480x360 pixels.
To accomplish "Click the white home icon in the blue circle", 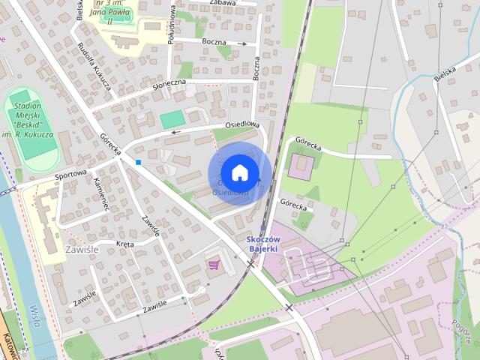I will [239, 172].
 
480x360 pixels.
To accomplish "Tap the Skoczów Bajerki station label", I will [263, 243].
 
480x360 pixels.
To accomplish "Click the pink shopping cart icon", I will [214, 264].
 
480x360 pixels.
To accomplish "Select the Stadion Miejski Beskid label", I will [31, 121].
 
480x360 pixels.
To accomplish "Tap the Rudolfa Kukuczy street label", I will [94, 66].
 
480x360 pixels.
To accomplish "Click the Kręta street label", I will [125, 244].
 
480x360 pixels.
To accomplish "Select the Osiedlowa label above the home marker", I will [242, 124].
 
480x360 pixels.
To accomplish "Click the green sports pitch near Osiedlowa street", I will [172, 119].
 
